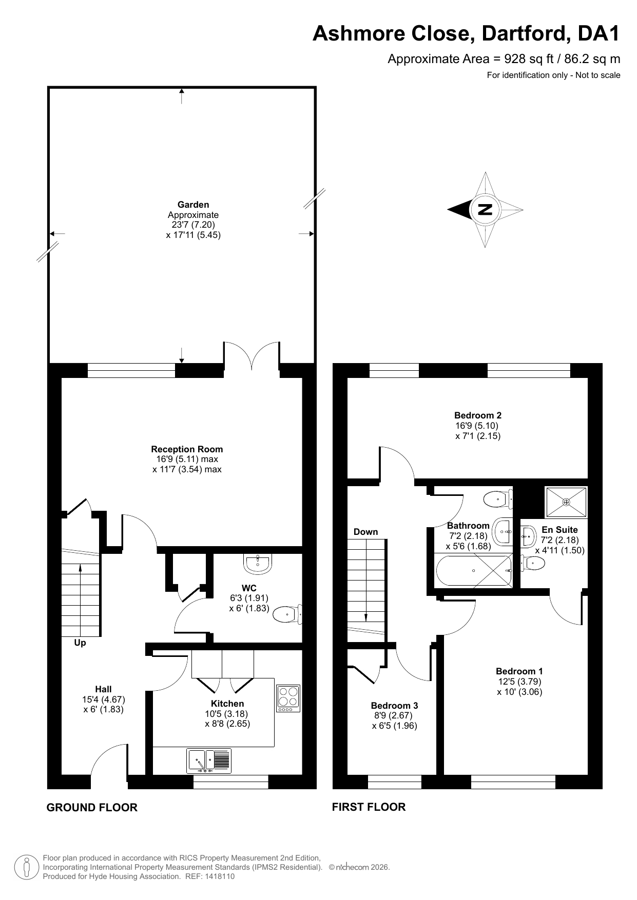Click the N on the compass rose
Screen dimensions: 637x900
485,209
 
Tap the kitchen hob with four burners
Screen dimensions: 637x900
288,698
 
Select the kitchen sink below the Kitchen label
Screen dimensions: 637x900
209,761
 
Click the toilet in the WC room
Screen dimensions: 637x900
287,614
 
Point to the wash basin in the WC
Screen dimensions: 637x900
258,565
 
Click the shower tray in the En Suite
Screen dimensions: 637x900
566,502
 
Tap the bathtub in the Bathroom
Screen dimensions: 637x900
473,570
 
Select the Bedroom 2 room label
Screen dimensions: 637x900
478,415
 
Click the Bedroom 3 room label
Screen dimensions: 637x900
394,706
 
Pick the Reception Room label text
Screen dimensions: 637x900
187,449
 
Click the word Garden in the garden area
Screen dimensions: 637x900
193,205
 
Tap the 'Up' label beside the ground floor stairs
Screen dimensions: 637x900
80,643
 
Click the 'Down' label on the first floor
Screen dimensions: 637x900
365,532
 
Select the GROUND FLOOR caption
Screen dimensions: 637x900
92,807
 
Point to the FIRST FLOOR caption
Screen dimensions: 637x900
369,807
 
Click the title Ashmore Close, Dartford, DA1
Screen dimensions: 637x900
466,34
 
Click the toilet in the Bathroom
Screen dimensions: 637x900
498,498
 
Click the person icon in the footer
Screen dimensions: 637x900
25,867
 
